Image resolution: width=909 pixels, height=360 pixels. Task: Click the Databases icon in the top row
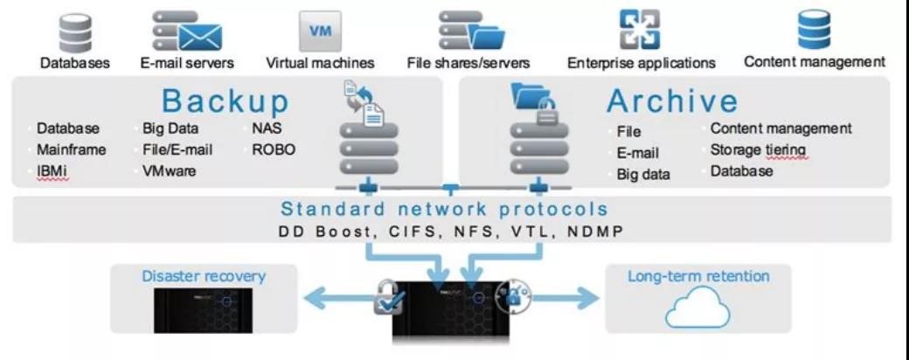76,31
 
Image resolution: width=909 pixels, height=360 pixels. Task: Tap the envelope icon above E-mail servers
200,37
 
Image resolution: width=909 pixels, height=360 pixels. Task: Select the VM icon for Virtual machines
320,31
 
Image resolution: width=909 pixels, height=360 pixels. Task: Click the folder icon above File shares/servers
487,37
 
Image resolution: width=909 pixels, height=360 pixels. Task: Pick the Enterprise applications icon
640,30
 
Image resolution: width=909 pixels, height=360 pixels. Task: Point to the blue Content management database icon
814,30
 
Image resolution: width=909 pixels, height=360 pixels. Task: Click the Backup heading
226,100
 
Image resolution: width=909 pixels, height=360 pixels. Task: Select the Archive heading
672,100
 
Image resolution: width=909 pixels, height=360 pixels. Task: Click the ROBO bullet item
274,149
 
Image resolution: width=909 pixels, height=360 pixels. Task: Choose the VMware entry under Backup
170,171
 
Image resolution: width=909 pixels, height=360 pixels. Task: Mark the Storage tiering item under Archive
759,149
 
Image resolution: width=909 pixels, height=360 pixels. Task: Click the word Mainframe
72,149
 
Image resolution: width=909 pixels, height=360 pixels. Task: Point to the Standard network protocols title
445,209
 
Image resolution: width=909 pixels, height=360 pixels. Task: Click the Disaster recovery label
204,275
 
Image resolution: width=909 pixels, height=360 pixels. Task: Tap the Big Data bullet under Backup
170,128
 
